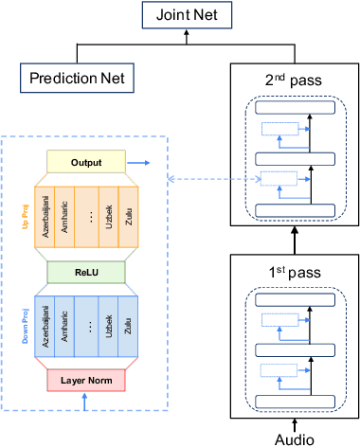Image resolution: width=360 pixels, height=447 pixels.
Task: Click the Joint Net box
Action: click(x=180, y=14)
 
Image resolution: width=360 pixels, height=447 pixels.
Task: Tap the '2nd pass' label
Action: click(x=295, y=79)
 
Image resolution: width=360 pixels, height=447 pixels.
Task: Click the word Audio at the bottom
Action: click(x=295, y=438)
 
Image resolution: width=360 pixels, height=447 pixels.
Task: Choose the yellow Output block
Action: click(x=85, y=163)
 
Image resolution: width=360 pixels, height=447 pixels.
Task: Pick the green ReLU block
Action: click(x=85, y=272)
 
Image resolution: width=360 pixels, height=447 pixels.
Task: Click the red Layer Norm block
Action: click(x=85, y=381)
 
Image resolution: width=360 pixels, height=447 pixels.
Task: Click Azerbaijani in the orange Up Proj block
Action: click(x=45, y=218)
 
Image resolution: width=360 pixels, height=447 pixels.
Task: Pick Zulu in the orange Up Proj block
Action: click(x=129, y=218)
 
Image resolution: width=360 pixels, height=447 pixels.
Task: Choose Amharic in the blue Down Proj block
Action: click(x=64, y=327)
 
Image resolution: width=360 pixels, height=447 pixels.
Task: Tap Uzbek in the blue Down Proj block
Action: click(x=110, y=327)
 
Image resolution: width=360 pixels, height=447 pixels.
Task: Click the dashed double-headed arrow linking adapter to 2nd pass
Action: click(x=208, y=178)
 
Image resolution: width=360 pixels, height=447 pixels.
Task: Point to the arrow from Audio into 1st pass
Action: click(x=295, y=422)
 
